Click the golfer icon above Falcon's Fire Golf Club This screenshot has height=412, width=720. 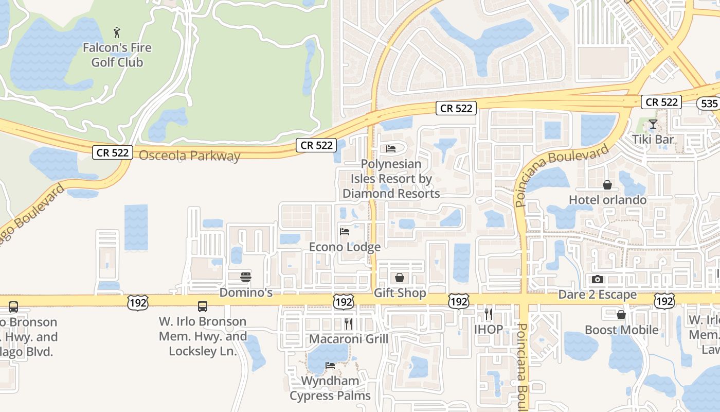pos(118,32)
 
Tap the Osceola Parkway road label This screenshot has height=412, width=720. pos(189,156)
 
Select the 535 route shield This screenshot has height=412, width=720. pos(709,104)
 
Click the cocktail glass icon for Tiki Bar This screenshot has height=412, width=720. pos(653,124)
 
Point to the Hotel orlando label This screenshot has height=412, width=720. pos(607,199)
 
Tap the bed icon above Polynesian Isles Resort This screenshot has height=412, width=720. pos(391,149)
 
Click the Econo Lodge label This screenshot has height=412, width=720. pos(345,247)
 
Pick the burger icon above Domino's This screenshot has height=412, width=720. pos(246,277)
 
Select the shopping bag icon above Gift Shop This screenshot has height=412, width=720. pos(400,278)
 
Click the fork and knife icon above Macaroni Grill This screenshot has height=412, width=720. pos(349,323)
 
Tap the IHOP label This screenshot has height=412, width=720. pos(488,329)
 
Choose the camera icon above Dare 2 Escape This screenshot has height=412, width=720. pos(598,280)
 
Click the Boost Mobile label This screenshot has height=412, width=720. pos(621,330)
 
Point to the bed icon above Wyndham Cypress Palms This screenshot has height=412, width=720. pos(330,366)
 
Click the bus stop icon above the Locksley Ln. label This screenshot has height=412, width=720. pos(203,306)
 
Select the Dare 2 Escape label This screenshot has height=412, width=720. pos(598,295)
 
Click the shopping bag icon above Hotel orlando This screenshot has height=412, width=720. pos(607,184)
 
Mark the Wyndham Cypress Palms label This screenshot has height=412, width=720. pos(330,388)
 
